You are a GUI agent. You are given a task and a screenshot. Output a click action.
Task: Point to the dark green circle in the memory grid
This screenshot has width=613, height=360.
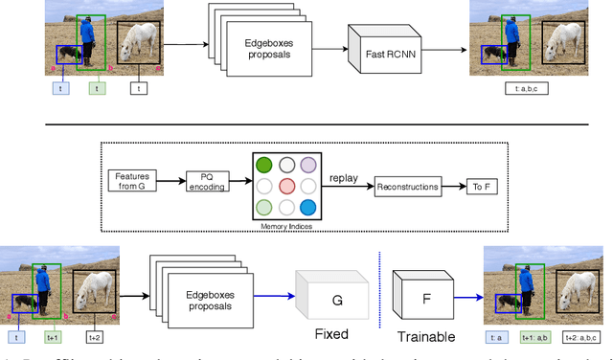[263, 165]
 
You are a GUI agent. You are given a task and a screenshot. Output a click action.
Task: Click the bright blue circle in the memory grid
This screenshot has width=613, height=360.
[306, 208]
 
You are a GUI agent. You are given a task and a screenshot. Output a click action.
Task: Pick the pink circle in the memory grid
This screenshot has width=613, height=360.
[285, 186]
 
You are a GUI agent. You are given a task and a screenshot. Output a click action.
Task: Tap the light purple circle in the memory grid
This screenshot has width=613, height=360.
[306, 165]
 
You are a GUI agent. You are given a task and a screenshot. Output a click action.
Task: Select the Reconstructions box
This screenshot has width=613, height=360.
[406, 186]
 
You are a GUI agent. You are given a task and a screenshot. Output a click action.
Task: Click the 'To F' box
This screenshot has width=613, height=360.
[478, 186]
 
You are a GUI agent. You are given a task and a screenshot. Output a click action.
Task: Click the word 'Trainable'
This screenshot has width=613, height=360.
[426, 336]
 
